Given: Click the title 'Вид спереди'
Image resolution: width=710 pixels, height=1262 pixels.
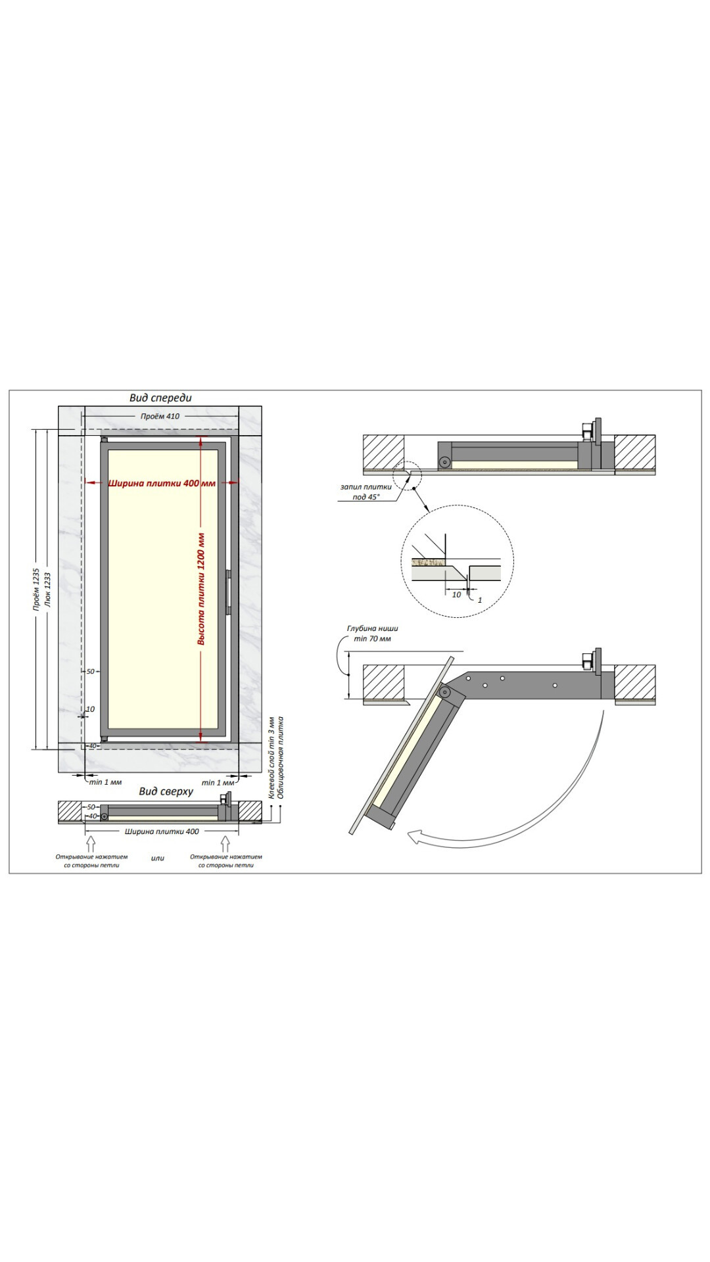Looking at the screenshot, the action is [x=160, y=398].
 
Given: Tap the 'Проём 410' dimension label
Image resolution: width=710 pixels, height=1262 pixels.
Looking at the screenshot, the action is [x=160, y=416].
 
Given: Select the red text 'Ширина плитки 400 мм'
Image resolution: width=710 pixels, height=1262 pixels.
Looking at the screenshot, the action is [x=162, y=483].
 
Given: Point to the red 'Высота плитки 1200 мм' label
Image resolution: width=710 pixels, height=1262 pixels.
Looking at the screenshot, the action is [x=202, y=588].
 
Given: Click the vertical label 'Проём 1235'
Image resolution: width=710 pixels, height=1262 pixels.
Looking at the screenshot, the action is [x=37, y=590].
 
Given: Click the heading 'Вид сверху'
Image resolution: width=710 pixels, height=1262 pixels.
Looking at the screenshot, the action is [x=166, y=791].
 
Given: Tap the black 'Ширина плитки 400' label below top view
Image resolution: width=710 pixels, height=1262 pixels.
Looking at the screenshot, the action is [x=162, y=831].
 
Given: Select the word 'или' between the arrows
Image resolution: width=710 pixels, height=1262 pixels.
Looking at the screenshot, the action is [x=158, y=858].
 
